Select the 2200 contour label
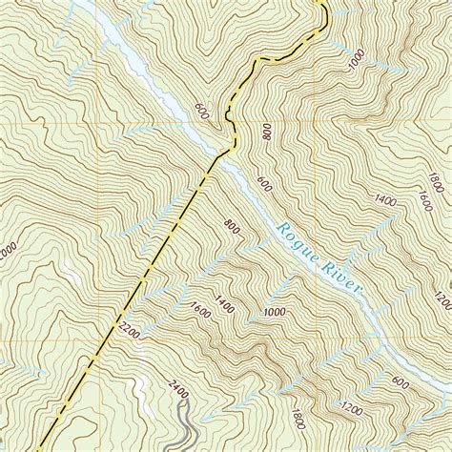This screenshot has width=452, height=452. pyautogui.click(x=132, y=331)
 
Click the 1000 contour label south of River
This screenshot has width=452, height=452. pyautogui.click(x=277, y=312)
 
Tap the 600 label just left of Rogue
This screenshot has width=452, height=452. pyautogui.click(x=263, y=182)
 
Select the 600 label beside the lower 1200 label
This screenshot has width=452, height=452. pyautogui.click(x=398, y=381)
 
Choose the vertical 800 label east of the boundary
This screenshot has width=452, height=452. pyautogui.click(x=266, y=132)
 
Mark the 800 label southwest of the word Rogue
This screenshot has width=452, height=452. pyautogui.click(x=231, y=226)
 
